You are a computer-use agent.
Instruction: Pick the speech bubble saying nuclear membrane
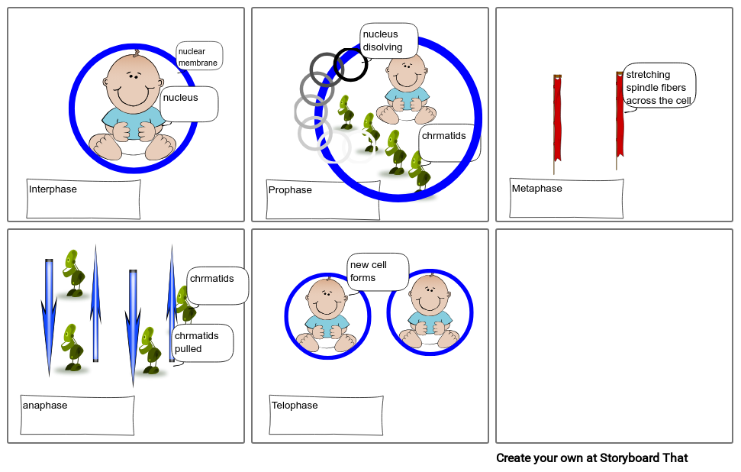[198, 57]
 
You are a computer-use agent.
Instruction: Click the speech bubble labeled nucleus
[188, 103]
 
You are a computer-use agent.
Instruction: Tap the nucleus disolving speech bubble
[388, 40]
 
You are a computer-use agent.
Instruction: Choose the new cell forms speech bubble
[376, 271]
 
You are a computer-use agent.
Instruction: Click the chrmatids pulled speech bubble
[201, 342]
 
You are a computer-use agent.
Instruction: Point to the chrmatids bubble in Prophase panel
[449, 142]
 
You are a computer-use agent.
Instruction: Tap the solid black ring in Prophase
[351, 65]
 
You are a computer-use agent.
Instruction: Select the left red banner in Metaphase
[557, 118]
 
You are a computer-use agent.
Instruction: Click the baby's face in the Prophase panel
[408, 73]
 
